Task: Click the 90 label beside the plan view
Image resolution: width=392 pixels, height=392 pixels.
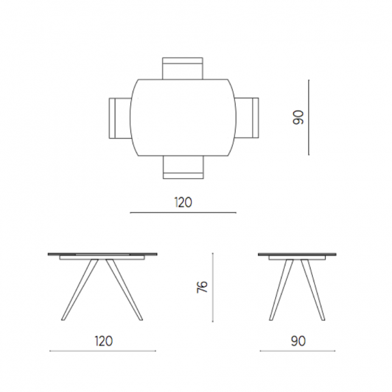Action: tap(298, 117)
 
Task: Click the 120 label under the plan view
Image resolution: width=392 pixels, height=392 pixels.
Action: tap(183, 202)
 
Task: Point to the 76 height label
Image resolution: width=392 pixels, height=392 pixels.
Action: tap(202, 287)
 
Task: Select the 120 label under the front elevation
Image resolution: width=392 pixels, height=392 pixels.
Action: tap(104, 341)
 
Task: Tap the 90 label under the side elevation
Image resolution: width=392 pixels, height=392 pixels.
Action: tap(298, 341)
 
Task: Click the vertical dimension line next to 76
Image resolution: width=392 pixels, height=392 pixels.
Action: tap(213, 288)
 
